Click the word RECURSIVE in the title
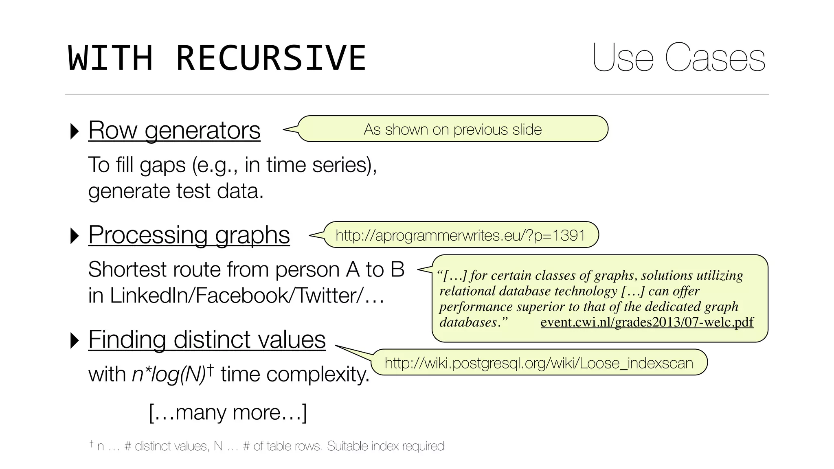[271, 58]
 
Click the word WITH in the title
[110, 58]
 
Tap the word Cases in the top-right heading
[715, 58]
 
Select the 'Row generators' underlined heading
[174, 131]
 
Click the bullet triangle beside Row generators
[75, 131]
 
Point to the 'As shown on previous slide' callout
[452, 129]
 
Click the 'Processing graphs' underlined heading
[189, 235]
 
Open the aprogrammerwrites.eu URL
[460, 235]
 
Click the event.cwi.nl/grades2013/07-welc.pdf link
[647, 322]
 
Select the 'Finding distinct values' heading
[207, 340]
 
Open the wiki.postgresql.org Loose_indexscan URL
[538, 363]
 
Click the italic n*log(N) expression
[169, 374]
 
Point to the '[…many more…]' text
[228, 413]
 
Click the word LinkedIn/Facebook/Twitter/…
[236, 296]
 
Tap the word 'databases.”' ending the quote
[474, 322]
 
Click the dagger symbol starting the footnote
[92, 443]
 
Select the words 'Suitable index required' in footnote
[385, 446]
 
